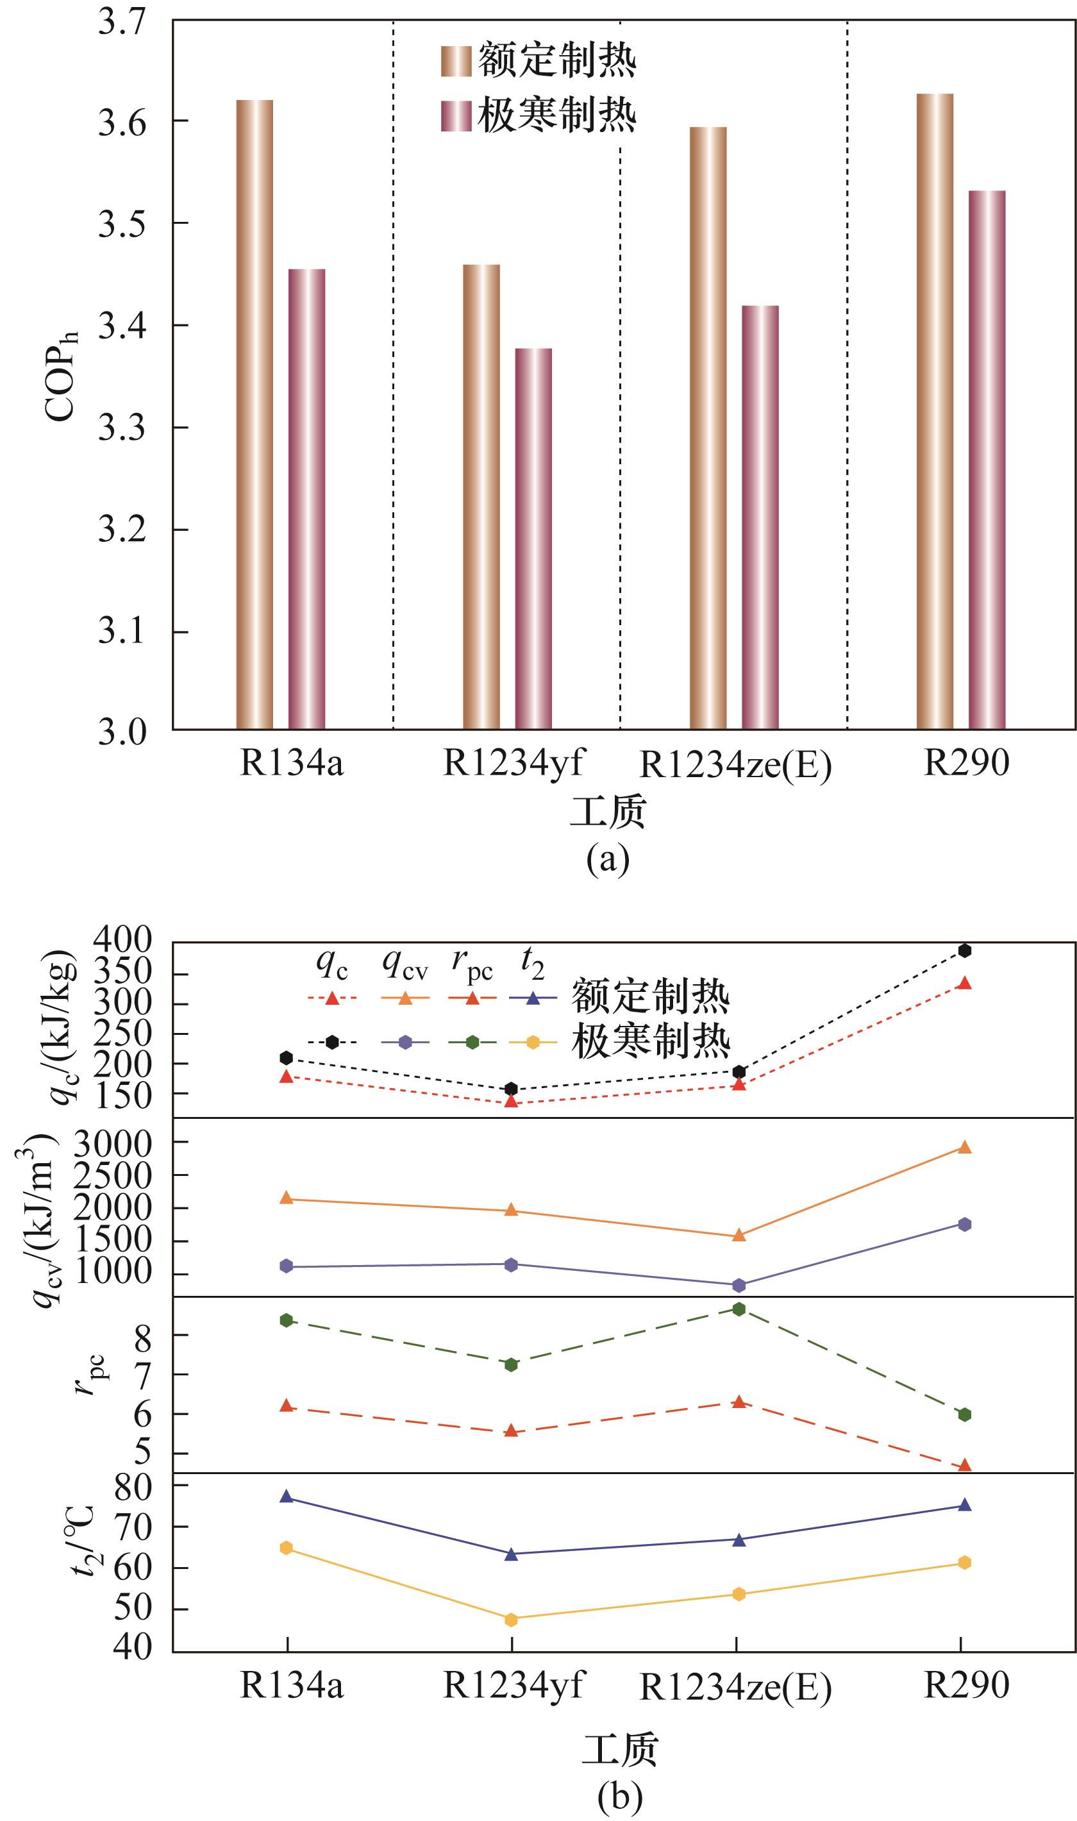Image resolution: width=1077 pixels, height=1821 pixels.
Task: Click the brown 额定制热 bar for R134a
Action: [x=255, y=414]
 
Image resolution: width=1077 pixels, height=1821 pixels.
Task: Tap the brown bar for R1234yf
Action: [x=481, y=496]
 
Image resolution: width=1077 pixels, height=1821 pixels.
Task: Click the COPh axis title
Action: [x=60, y=376]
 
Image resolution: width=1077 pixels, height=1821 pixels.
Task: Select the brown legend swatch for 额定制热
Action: [x=456, y=61]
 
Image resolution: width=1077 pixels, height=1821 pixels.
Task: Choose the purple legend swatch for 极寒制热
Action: [x=456, y=116]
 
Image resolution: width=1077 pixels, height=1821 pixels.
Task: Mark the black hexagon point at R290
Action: [x=965, y=951]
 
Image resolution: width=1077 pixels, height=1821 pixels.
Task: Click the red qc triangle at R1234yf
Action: [x=511, y=1101]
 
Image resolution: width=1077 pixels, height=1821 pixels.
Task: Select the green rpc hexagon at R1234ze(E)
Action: [x=739, y=1309]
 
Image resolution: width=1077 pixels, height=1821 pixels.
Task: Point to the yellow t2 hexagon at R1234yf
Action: [x=511, y=1619]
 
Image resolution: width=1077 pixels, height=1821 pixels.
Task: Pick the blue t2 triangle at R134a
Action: [x=286, y=1497]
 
